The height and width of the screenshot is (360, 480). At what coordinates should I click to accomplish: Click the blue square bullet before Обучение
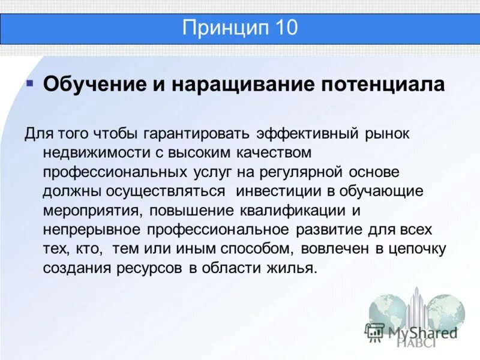[x=29, y=81]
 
